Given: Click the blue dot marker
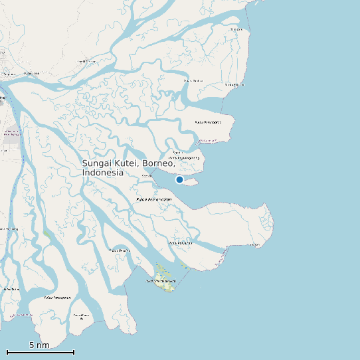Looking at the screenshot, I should click(x=179, y=179).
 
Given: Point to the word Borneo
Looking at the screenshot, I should click(x=159, y=163).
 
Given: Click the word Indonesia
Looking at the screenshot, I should click(x=102, y=173).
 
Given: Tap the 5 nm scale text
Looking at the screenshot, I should click(x=39, y=345).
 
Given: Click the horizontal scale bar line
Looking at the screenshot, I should click(x=40, y=352).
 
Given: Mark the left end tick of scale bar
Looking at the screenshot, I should click(x=7, y=352).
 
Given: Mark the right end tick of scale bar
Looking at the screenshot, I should click(x=74, y=352).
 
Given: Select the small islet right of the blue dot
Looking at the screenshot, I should click(x=193, y=180).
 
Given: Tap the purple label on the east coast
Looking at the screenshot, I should click(x=208, y=141).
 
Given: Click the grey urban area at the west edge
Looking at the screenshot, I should click(x=11, y=136).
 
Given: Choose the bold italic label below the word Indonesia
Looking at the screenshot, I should click(x=154, y=199).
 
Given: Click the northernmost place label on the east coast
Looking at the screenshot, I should click(x=235, y=29).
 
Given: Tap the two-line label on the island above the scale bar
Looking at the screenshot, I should click(x=81, y=316).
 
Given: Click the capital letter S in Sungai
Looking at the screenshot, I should click(x=86, y=163).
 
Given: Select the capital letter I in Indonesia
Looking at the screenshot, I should click(x=84, y=173).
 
